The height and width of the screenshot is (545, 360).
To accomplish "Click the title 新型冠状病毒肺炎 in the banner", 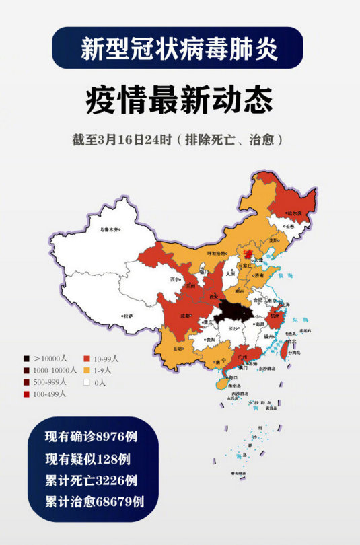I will (179, 48).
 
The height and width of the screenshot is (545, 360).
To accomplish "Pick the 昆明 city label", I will (177, 349).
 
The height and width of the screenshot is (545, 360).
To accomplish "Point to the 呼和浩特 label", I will (217, 254).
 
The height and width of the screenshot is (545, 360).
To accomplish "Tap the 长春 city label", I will (290, 227).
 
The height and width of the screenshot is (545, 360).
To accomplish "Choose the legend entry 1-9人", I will (102, 370).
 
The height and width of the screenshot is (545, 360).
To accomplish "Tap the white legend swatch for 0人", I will (87, 382).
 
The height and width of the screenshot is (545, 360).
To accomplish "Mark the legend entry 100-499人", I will (47, 394).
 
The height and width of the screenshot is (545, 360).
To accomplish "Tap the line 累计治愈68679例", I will (95, 501).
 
